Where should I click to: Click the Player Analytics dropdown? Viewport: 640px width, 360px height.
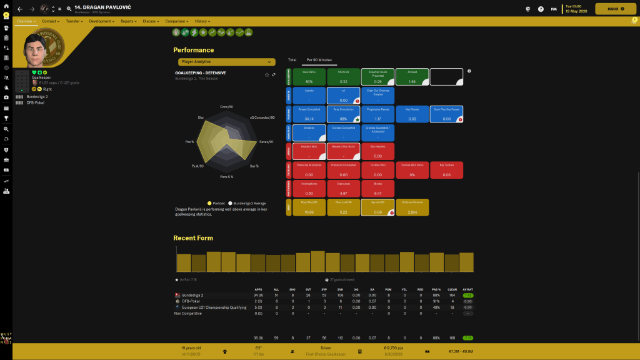pos(226,62)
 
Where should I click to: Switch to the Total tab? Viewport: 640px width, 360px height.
pos(292,60)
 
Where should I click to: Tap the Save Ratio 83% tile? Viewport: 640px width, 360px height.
pos(309,77)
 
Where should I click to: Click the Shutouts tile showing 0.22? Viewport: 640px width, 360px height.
pos(343,77)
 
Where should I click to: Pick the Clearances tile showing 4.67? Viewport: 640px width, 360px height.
pos(343,189)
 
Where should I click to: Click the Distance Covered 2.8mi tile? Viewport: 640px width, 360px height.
pos(412,207)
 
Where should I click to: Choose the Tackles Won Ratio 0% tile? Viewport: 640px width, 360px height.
pos(412,170)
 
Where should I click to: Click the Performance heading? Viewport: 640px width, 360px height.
pos(193,50)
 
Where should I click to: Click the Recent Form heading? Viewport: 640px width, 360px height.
pos(193,238)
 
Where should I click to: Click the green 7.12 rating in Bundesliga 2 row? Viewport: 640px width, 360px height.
pos(467,295)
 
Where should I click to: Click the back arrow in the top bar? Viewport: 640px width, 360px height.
pos(19,9)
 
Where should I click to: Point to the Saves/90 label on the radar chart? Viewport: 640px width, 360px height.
pos(266,142)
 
